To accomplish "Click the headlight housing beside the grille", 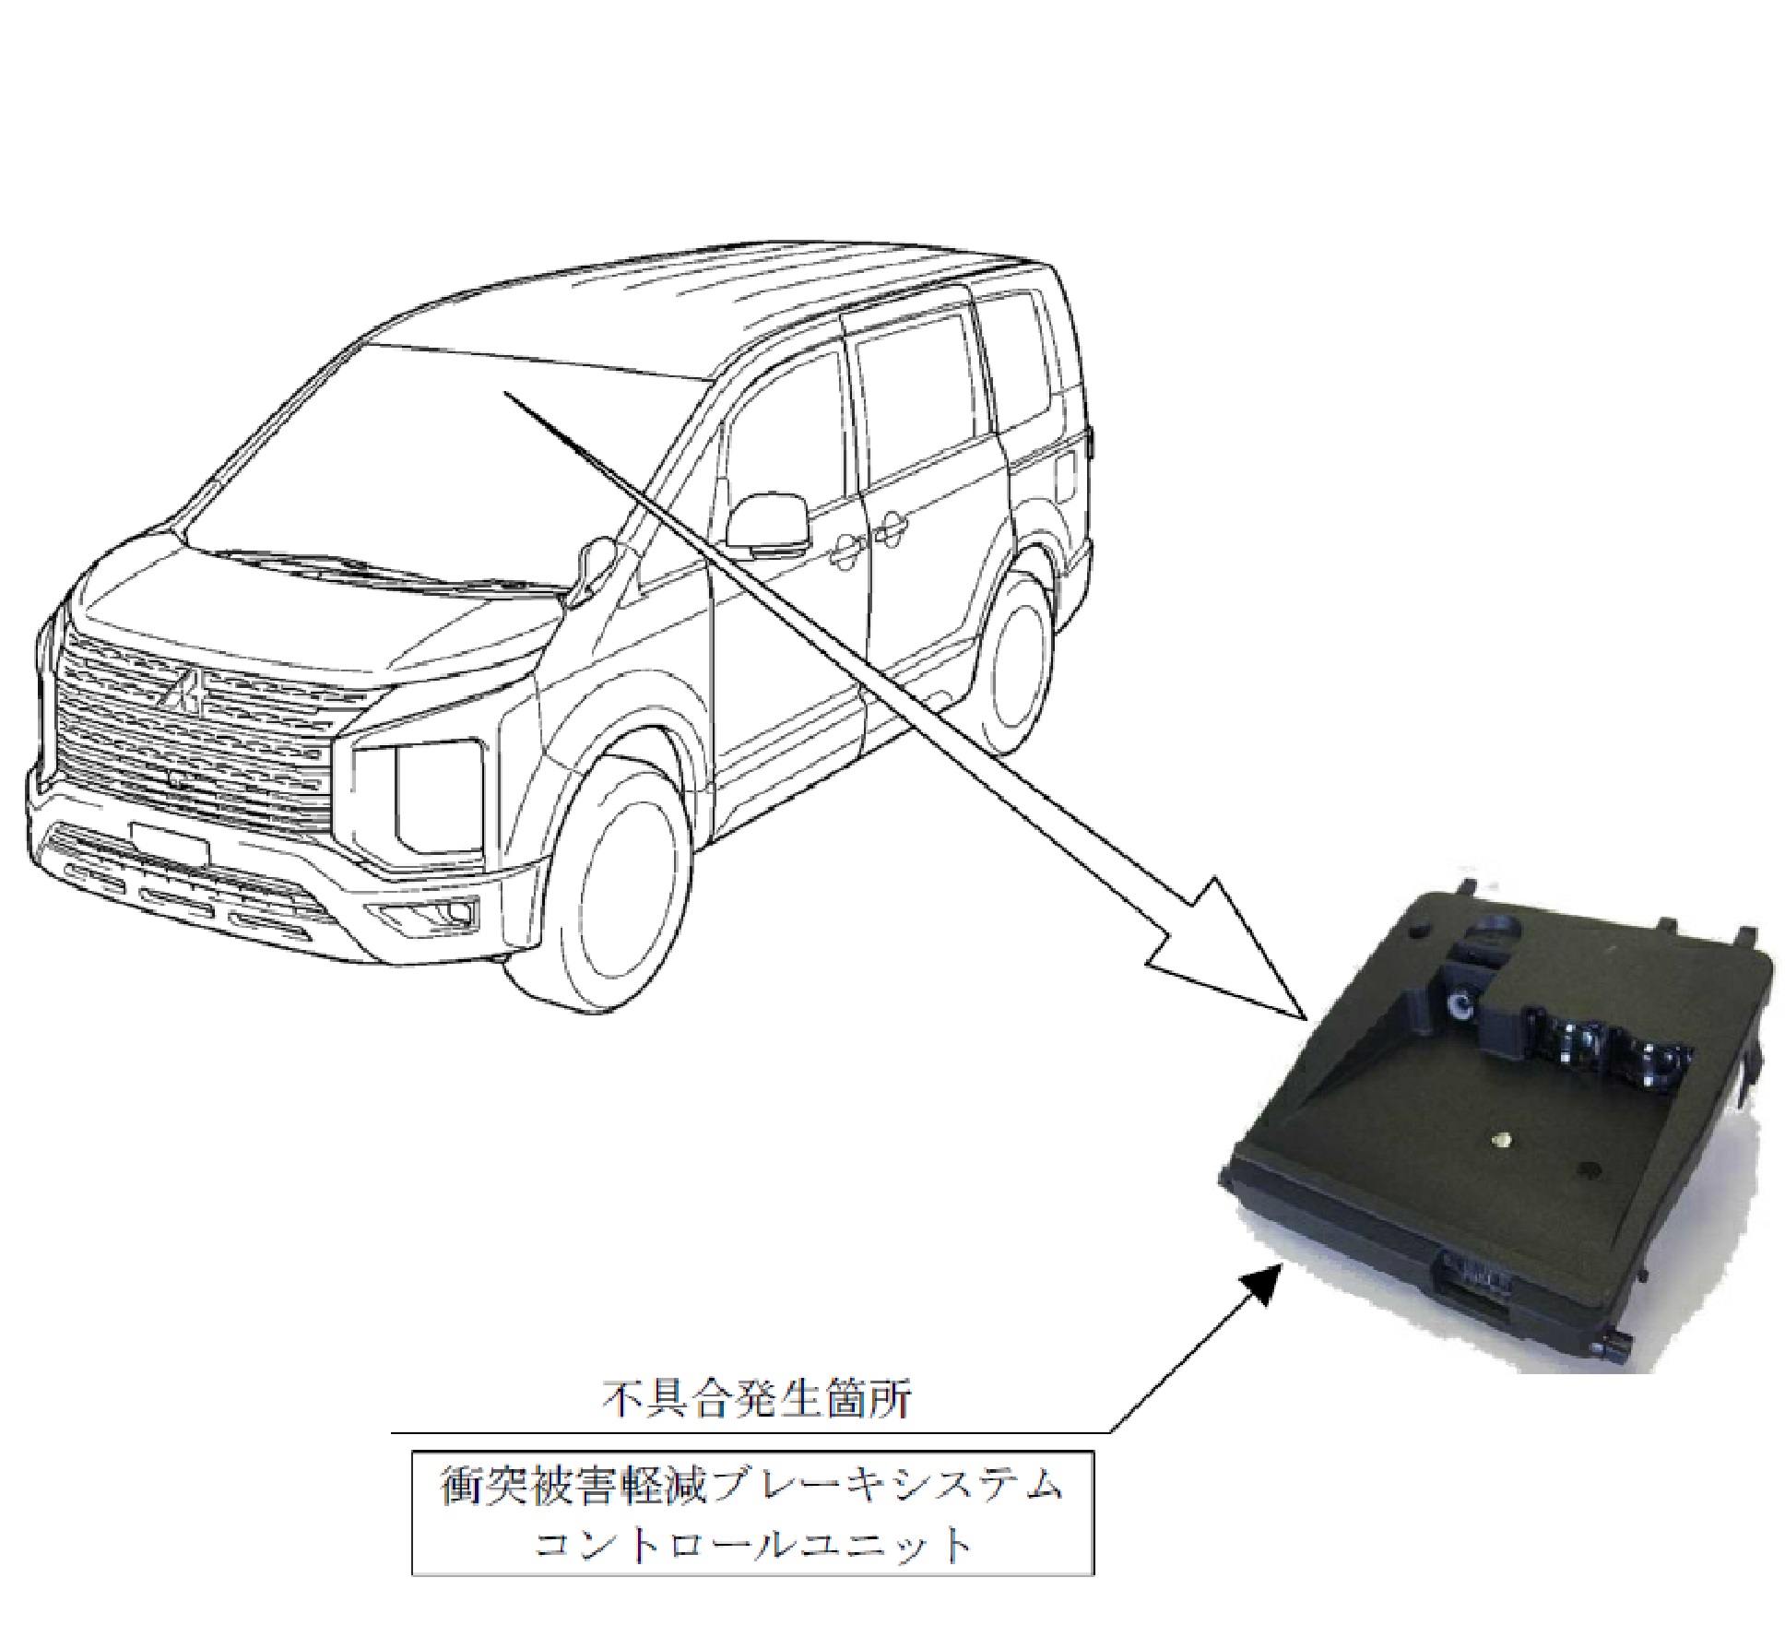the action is [420, 801].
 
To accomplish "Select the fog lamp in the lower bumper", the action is [429, 913].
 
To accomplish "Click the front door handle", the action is [843, 552].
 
